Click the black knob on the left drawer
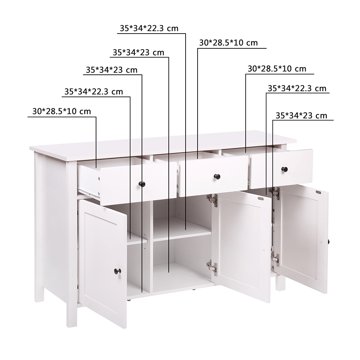point(142,184)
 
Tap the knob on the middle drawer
point(217,176)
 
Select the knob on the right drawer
point(284,169)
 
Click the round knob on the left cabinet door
point(117,271)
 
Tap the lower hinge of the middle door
point(212,266)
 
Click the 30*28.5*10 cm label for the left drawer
point(62,112)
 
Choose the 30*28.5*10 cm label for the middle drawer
point(228,43)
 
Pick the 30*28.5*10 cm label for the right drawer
point(277,69)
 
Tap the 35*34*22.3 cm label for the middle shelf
point(149,28)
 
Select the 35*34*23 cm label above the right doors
point(301,116)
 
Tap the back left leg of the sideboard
point(39,294)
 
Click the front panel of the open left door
point(103,264)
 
